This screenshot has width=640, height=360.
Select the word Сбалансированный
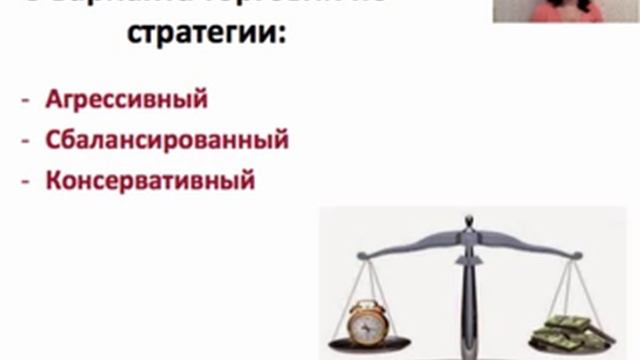click(x=167, y=140)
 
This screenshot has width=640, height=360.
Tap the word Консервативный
click(x=150, y=181)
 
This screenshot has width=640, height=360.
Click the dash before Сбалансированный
click(x=25, y=141)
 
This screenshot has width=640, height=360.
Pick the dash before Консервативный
click(x=25, y=182)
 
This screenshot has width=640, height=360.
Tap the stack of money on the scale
click(x=573, y=330)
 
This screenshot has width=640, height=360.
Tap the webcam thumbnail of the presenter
click(x=566, y=11)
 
